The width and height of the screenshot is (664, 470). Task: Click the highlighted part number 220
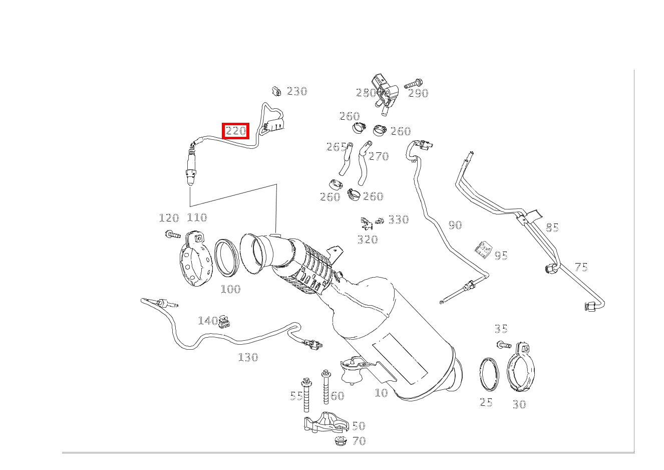tap(236, 131)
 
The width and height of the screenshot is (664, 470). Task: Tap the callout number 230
tap(297, 91)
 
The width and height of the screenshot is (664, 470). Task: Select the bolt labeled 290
tap(414, 83)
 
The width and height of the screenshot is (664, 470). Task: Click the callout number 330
tap(399, 219)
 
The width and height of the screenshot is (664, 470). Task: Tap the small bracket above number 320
tap(367, 223)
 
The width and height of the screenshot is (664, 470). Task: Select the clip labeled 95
tap(483, 250)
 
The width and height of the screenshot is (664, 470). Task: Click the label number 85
tap(552, 227)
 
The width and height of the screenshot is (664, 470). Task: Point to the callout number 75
tap(581, 267)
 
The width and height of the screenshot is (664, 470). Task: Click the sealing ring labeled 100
tap(227, 258)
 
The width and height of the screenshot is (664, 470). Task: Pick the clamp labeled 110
tap(196, 259)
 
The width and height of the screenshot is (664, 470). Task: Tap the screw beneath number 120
tap(173, 234)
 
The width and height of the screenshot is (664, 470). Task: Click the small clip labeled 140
tap(224, 322)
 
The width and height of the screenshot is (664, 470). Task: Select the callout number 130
tap(248, 357)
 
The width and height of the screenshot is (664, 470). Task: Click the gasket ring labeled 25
tap(489, 375)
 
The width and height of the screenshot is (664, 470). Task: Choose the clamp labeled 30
tap(521, 367)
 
